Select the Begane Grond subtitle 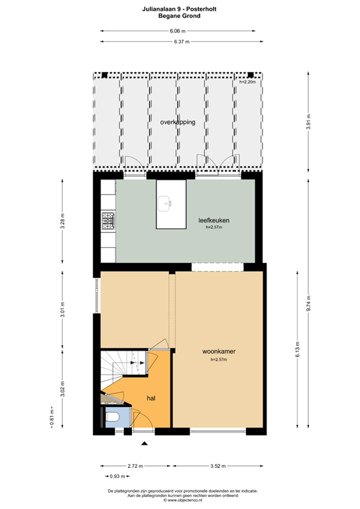(x=180, y=16)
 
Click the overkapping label (x=177, y=123)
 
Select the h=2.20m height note (x=247, y=82)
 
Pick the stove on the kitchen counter (x=107, y=221)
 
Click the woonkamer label (x=219, y=352)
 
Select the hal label (x=151, y=399)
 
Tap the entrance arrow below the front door (x=145, y=442)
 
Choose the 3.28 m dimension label (x=62, y=221)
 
